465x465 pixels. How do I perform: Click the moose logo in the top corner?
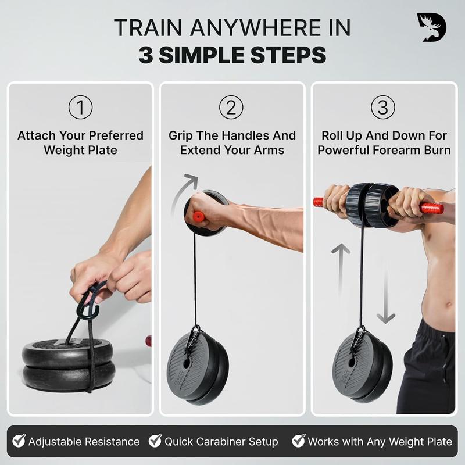pyautogui.click(x=431, y=27)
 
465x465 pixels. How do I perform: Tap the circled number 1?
pyautogui.click(x=80, y=108)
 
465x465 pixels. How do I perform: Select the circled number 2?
pyautogui.click(x=231, y=108)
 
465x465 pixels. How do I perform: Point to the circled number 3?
pyautogui.click(x=383, y=108)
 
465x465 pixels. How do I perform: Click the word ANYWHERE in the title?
pyautogui.click(x=255, y=28)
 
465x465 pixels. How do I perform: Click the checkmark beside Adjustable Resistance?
pyautogui.click(x=19, y=441)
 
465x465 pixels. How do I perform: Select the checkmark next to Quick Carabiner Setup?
pyautogui.click(x=155, y=441)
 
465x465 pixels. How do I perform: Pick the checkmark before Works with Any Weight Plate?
pyautogui.click(x=299, y=441)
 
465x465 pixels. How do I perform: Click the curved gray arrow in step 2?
pyautogui.click(x=180, y=189)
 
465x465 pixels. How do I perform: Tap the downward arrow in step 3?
pyautogui.click(x=385, y=296)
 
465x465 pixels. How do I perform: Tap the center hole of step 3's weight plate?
pyautogui.click(x=352, y=363)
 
